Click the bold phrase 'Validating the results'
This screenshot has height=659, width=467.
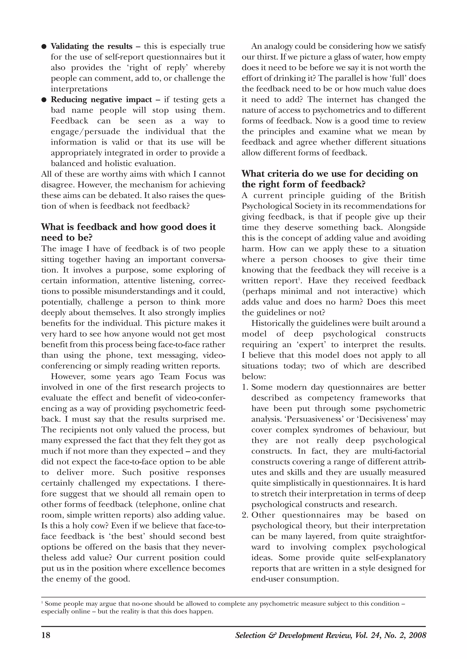[91, 46]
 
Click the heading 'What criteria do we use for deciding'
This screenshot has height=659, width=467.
[329, 174]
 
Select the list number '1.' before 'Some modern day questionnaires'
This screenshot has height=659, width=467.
[245, 387]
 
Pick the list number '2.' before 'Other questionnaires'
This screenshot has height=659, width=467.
[245, 515]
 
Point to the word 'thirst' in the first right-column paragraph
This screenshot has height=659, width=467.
[264, 57]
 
